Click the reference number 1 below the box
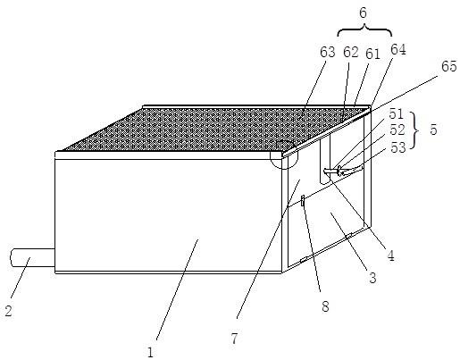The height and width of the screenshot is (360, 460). (150, 353)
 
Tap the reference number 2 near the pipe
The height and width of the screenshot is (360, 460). (9, 311)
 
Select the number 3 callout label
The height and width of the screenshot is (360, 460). (372, 278)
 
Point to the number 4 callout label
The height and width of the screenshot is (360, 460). (390, 255)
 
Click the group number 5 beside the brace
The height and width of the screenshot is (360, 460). (433, 130)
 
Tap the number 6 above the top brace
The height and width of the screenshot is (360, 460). (363, 13)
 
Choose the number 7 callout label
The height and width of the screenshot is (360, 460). (235, 339)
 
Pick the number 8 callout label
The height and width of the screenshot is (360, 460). (325, 306)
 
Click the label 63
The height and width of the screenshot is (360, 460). (328, 52)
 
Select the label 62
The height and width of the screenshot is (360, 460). (351, 52)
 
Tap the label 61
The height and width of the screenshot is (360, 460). (373, 54)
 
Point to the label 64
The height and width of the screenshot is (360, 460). (398, 50)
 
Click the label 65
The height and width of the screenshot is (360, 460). (448, 66)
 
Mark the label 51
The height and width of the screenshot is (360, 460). (396, 113)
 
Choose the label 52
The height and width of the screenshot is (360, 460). (397, 130)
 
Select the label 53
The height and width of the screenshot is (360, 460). (398, 147)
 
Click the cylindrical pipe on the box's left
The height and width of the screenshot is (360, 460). (32, 257)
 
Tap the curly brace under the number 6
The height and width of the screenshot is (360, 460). (364, 29)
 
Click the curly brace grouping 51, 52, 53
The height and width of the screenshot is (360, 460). (416, 130)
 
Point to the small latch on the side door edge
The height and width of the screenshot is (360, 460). (303, 201)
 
